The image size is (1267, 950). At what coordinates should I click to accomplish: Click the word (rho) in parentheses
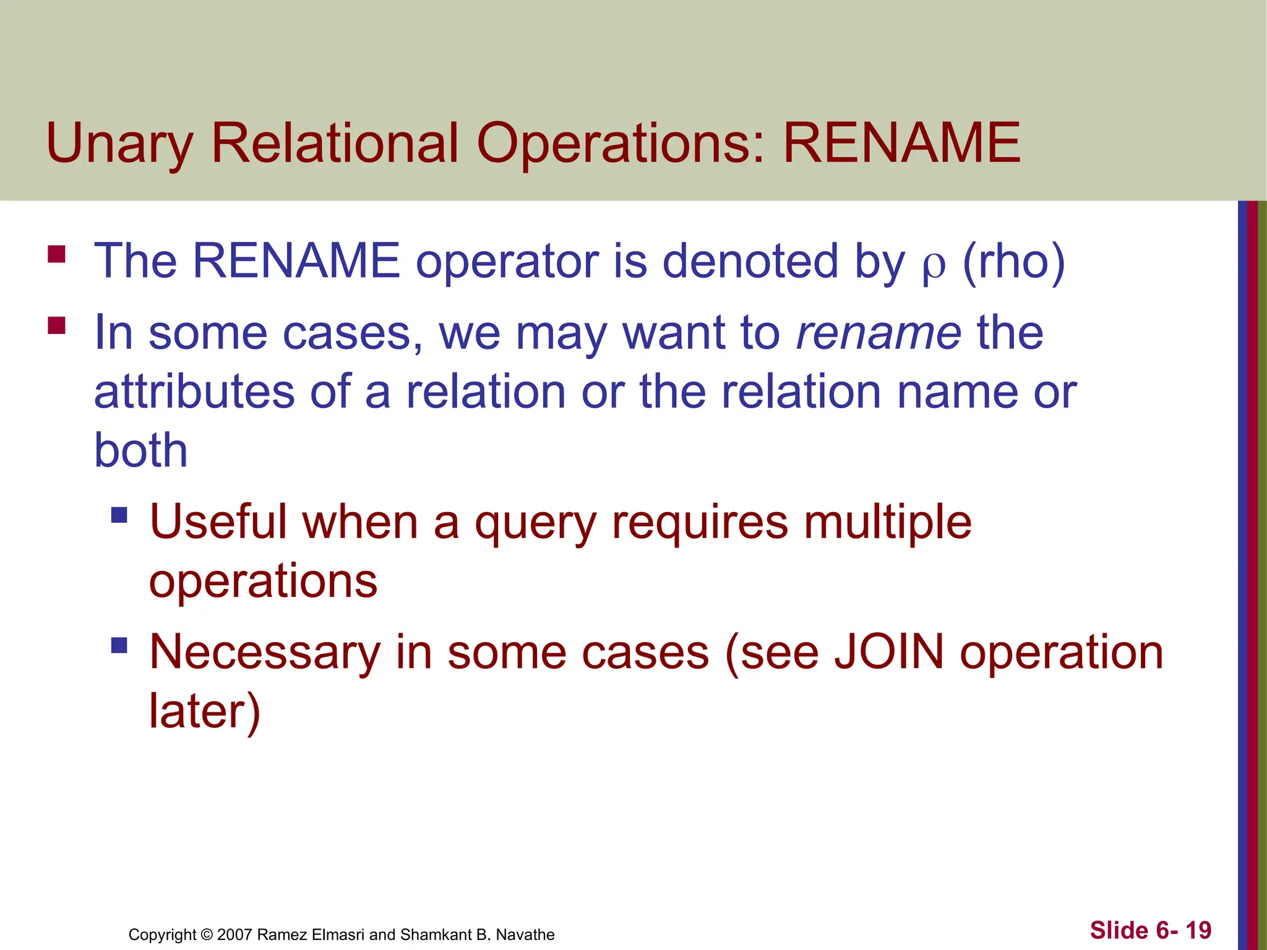pos(1014,262)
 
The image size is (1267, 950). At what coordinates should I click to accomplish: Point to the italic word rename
pos(878,333)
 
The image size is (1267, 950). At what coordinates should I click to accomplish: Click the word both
pos(140,450)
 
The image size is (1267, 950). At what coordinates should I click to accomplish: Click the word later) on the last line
pos(205,711)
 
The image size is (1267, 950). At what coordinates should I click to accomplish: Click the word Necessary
pos(265,653)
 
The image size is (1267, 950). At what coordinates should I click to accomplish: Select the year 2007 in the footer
pos(234,935)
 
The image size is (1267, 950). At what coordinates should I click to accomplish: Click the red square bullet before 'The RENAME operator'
pos(56,254)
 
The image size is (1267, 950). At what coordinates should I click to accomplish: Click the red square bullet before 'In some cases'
pos(56,325)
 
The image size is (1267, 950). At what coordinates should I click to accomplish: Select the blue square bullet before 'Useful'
pos(119,515)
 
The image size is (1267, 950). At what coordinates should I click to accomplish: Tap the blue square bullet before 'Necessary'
pos(119,646)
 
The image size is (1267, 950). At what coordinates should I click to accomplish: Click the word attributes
pos(194,392)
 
